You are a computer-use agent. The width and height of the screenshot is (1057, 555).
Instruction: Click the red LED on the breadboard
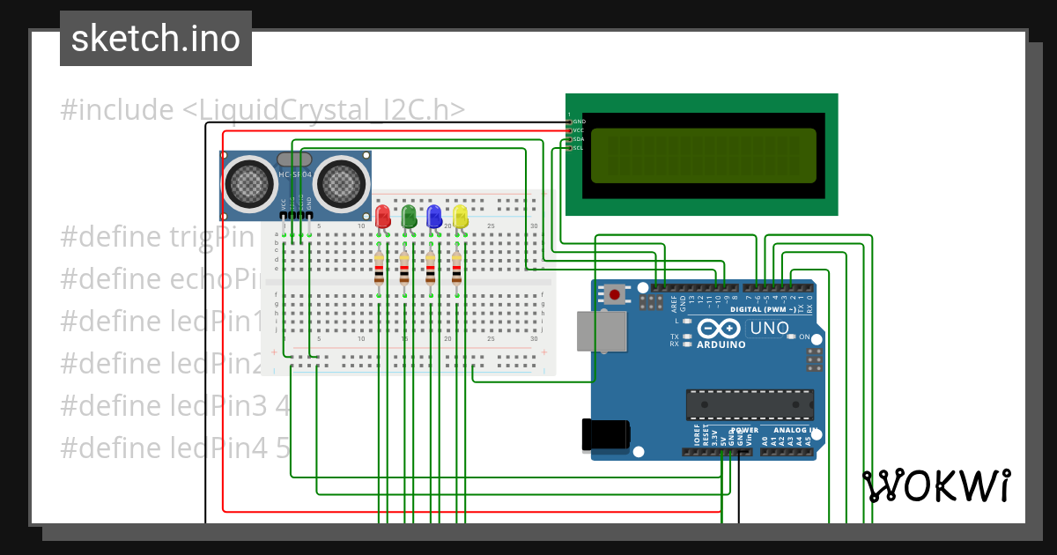pyautogui.click(x=382, y=217)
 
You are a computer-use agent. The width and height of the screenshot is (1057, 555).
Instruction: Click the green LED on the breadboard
pyautogui.click(x=408, y=217)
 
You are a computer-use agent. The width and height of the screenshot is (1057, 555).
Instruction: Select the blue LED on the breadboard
pyautogui.click(x=433, y=217)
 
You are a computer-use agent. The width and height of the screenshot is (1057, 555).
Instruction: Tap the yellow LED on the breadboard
pyautogui.click(x=460, y=217)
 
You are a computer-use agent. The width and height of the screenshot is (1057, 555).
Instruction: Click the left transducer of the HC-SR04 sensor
pyautogui.click(x=248, y=183)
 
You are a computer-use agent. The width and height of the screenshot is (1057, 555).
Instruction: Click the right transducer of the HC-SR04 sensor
pyautogui.click(x=339, y=183)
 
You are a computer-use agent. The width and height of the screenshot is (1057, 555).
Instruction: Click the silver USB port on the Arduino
pyautogui.click(x=595, y=331)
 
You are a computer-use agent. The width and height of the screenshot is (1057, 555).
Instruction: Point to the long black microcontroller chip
pyautogui.click(x=750, y=403)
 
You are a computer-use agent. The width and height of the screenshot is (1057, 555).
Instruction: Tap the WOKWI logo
pyautogui.click(x=935, y=486)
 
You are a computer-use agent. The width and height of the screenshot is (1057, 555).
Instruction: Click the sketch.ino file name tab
pyautogui.click(x=156, y=39)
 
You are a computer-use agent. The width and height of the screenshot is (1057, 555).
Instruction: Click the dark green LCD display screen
pyautogui.click(x=701, y=154)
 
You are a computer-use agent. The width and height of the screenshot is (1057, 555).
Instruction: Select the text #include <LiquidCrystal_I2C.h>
pyautogui.click(x=262, y=110)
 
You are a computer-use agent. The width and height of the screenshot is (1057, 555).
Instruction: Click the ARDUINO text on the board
pyautogui.click(x=721, y=344)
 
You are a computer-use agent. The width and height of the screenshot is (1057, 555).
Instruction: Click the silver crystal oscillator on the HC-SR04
pyautogui.click(x=294, y=159)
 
